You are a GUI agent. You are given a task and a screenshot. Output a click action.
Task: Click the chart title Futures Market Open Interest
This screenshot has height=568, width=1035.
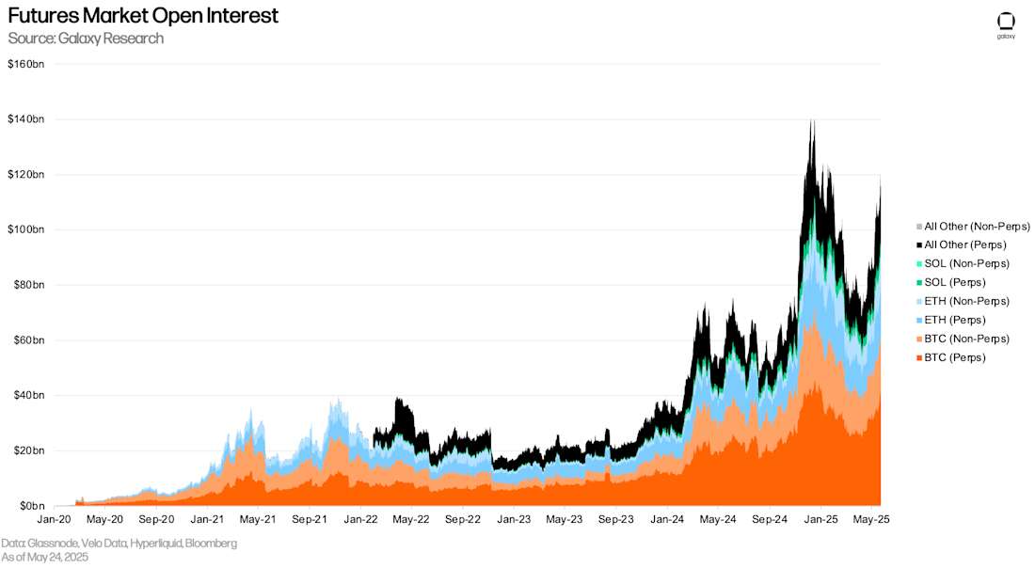(x=143, y=16)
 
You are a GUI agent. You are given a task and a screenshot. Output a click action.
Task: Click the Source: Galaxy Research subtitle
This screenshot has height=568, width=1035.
(x=86, y=39)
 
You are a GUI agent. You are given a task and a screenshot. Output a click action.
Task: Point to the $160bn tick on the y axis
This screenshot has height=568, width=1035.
(x=25, y=64)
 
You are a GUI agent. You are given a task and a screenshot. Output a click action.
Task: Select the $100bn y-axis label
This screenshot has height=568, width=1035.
(x=25, y=229)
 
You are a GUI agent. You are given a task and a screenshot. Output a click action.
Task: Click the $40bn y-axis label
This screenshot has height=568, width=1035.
(x=27, y=395)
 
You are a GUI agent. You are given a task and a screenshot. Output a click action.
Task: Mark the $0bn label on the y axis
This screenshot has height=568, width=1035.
(x=29, y=506)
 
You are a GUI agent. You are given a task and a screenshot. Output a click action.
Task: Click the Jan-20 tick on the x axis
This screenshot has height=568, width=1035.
(x=53, y=519)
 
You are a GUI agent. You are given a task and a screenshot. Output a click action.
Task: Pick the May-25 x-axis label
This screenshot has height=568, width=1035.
(x=871, y=519)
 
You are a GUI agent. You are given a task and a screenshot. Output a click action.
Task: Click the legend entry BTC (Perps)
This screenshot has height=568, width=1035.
(x=955, y=357)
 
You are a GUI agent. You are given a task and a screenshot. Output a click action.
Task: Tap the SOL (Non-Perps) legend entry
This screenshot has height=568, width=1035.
(x=966, y=263)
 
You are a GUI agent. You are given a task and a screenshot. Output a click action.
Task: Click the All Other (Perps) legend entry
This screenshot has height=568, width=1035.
(x=964, y=245)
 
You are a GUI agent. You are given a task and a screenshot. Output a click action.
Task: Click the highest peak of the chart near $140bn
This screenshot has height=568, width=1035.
(x=811, y=121)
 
